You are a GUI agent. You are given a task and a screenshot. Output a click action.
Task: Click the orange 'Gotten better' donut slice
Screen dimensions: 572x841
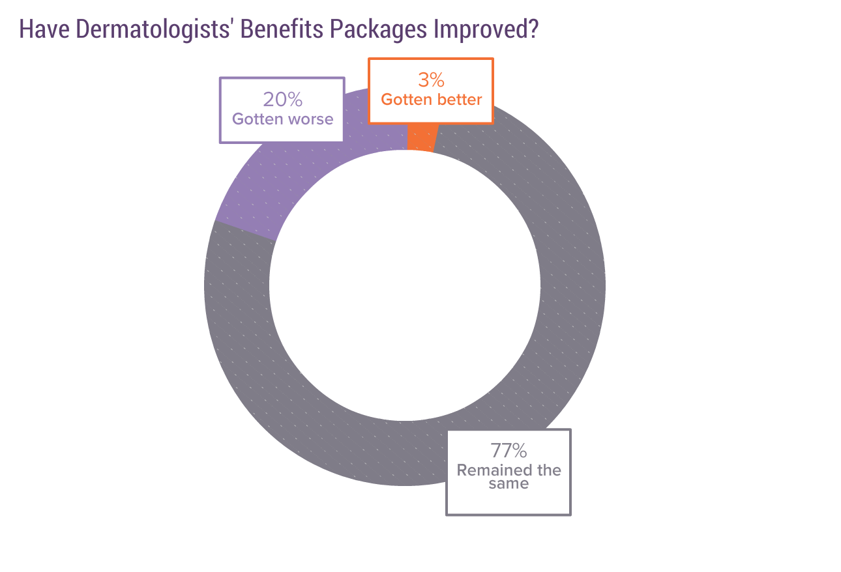pyautogui.click(x=420, y=137)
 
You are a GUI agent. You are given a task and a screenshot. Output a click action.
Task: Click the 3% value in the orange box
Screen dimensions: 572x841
pyautogui.click(x=431, y=80)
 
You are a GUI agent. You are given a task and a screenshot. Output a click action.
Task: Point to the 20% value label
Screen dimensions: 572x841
pyautogui.click(x=282, y=100)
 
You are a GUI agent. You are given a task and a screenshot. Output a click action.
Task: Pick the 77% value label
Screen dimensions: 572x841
pyautogui.click(x=509, y=451)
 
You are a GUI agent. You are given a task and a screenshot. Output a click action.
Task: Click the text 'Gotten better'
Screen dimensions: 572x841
pyautogui.click(x=431, y=100)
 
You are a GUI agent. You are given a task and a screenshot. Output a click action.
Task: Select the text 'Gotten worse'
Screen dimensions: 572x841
pyautogui.click(x=282, y=119)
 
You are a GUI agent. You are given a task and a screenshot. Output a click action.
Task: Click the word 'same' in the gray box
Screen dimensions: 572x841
pyautogui.click(x=509, y=485)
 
